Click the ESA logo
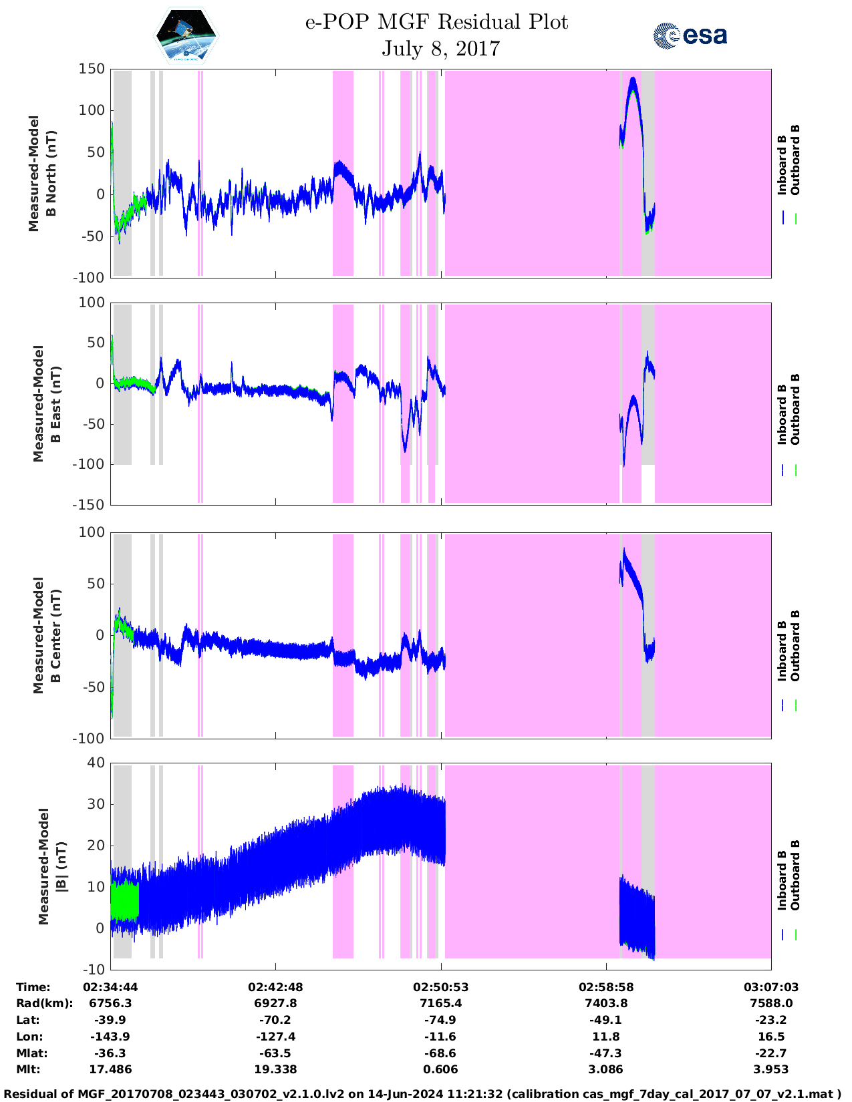pyautogui.click(x=690, y=35)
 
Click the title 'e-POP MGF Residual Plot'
pyautogui.click(x=436, y=22)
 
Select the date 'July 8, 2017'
pyautogui.click(x=440, y=49)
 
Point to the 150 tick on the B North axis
pyautogui.click(x=92, y=69)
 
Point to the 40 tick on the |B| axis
pyautogui.click(x=96, y=763)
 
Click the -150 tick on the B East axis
pyautogui.click(x=89, y=505)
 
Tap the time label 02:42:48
pyautogui.click(x=275, y=987)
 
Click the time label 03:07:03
pyautogui.click(x=770, y=987)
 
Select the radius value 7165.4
pyautogui.click(x=440, y=1003)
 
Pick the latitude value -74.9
pyautogui.click(x=440, y=1020)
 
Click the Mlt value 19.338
pyautogui.click(x=275, y=1069)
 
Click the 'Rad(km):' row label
pyautogui.click(x=44, y=1003)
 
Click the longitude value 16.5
pyautogui.click(x=770, y=1037)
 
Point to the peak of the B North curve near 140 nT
pyautogui.click(x=632, y=79)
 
